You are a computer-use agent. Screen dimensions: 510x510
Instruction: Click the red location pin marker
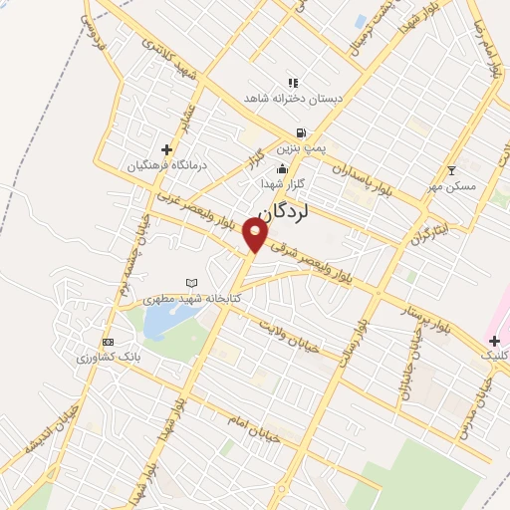pyautogui.click(x=256, y=234)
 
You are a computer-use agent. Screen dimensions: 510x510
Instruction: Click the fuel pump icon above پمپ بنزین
pyautogui.click(x=299, y=132)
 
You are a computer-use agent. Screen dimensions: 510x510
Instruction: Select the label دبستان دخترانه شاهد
pyautogui.click(x=292, y=98)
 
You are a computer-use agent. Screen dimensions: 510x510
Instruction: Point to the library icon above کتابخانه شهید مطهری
pyautogui.click(x=192, y=284)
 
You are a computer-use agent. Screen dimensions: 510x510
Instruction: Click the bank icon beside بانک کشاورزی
pyautogui.click(x=109, y=342)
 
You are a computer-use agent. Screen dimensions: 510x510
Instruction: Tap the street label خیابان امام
pyautogui.click(x=248, y=423)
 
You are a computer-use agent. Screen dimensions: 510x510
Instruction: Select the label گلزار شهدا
pyautogui.click(x=282, y=184)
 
